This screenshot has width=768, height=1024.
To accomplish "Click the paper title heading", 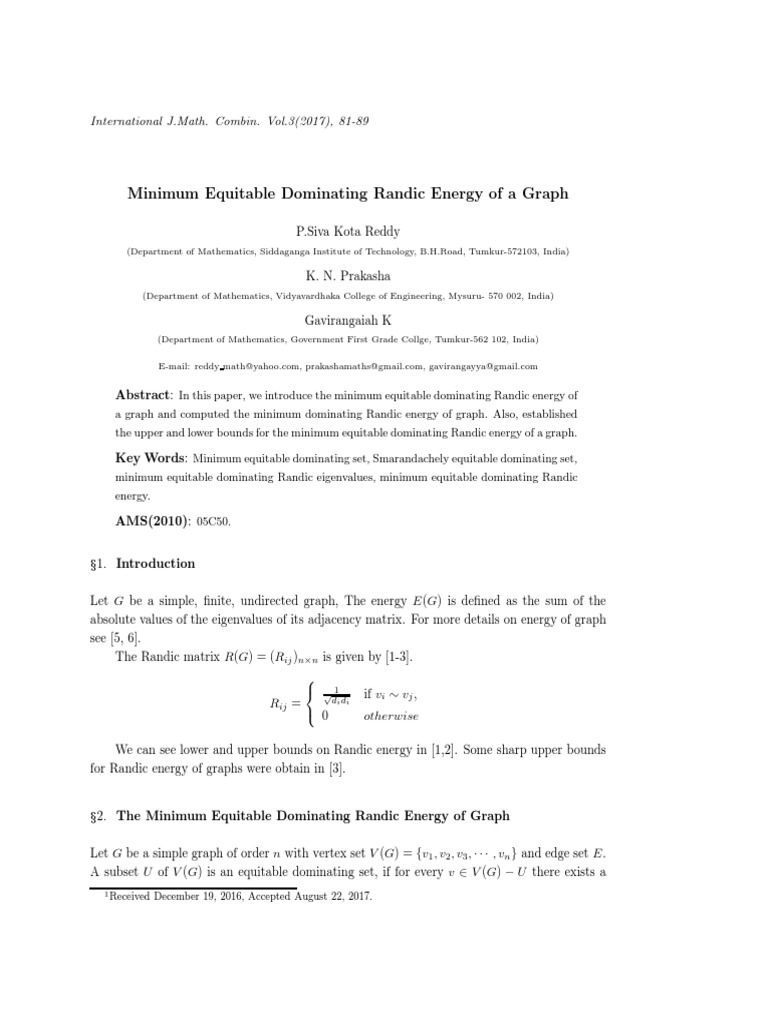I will click(348, 193).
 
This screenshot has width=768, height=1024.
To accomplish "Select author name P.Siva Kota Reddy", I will click(348, 232).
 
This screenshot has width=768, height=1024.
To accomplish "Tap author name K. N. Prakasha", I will click(348, 275).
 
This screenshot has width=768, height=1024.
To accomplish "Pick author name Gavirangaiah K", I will click(348, 318).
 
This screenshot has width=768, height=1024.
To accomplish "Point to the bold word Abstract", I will click(144, 394).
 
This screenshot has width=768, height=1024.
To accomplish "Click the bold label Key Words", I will click(150, 457).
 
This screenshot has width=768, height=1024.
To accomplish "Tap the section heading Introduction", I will click(156, 563).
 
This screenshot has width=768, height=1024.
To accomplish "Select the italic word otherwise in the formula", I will click(391, 716).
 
